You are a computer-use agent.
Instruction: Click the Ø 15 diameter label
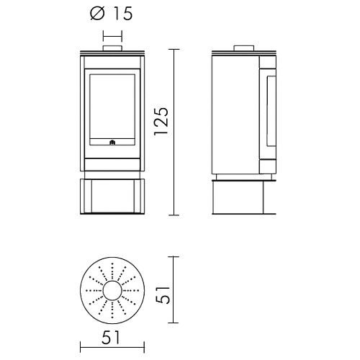(x=112, y=14)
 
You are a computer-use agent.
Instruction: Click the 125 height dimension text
(x=161, y=122)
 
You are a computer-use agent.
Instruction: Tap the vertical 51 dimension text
(x=163, y=294)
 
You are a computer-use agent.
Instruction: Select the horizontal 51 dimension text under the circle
(x=111, y=338)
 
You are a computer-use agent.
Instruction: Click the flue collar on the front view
(x=112, y=48)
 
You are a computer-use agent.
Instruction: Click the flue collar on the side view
(x=244, y=48)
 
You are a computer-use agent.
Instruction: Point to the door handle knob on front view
(x=112, y=143)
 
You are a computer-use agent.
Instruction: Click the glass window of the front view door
(x=112, y=107)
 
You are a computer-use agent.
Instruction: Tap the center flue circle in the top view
(x=112, y=290)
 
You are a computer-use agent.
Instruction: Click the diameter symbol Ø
(x=97, y=14)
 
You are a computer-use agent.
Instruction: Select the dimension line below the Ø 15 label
(x=112, y=36)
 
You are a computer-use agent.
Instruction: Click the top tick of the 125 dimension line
(x=174, y=49)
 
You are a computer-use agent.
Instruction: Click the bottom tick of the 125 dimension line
(x=174, y=215)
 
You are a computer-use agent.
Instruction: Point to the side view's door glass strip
(x=271, y=111)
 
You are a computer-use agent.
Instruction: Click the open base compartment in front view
(x=112, y=196)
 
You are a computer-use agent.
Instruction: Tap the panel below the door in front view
(x=112, y=164)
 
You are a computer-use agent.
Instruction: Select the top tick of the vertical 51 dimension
(x=174, y=257)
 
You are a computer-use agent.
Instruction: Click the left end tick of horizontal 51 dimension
(x=81, y=348)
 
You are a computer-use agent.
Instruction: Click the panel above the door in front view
(x=112, y=62)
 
